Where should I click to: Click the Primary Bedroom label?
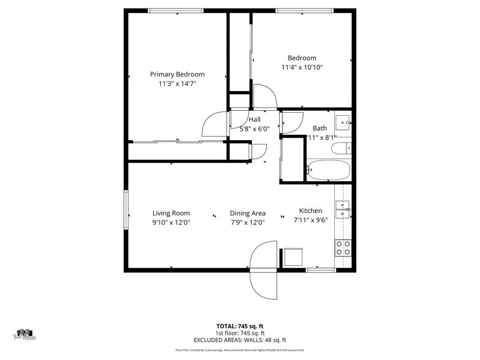(x=177, y=75)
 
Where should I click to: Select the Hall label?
(x=254, y=119)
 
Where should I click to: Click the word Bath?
(x=320, y=128)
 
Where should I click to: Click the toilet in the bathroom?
(x=340, y=148)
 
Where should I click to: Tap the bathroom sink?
(x=343, y=121)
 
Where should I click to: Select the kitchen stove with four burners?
(x=343, y=247)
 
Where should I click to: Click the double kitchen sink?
(x=343, y=209)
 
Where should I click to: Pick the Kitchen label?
(x=310, y=210)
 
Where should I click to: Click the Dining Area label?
(x=247, y=213)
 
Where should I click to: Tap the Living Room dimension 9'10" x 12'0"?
(x=171, y=222)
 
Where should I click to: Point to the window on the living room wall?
(x=126, y=210)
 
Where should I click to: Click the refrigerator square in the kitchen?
(x=293, y=257)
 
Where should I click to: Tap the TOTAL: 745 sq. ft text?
(x=240, y=326)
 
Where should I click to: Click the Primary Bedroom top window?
(x=176, y=10)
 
